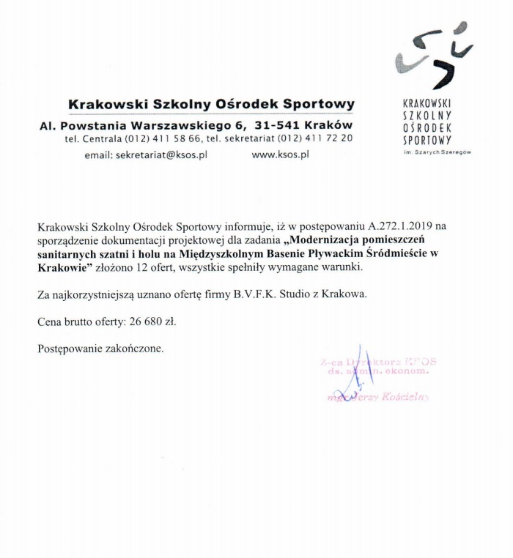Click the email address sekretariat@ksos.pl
coord(162,155)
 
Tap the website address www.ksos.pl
coord(280,155)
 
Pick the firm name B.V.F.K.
coord(256,294)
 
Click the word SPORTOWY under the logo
coord(427,139)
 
